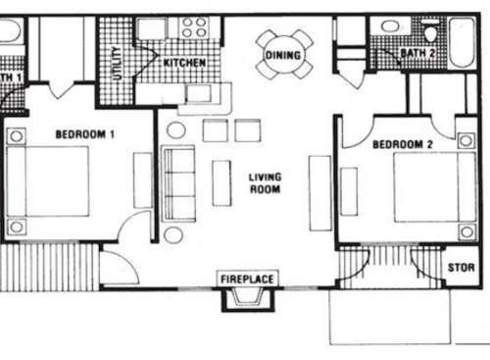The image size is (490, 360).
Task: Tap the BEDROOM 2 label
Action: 402,144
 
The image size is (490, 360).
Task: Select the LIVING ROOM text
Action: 265,182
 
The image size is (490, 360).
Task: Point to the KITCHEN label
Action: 183,64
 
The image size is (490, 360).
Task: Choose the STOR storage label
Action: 461,267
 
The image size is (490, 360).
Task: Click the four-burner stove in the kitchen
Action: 192,27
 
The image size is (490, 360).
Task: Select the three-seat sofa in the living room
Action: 179,181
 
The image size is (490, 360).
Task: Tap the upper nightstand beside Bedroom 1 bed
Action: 18,136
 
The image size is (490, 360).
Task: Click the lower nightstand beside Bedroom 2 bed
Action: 465,231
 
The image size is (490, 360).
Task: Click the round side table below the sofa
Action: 172,234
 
